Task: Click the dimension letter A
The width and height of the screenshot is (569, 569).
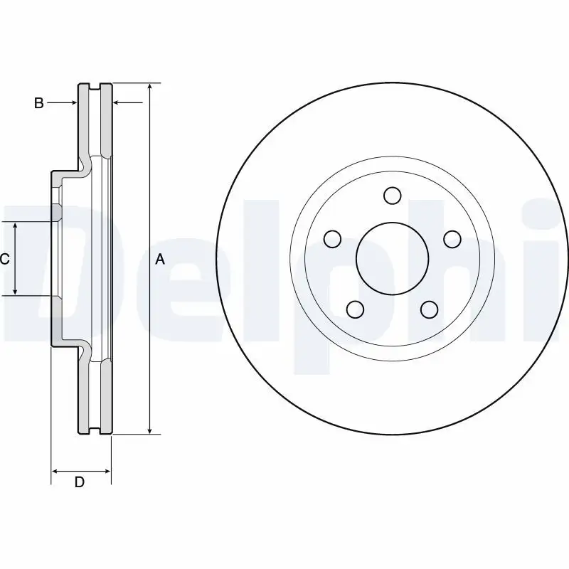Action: (160, 260)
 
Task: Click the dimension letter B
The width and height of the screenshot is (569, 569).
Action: (39, 104)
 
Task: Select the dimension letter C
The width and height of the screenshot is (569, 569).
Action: (5, 260)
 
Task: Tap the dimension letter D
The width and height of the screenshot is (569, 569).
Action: (80, 482)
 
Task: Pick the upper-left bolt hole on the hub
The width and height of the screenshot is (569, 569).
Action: (332, 238)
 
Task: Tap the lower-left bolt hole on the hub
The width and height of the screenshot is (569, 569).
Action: (355, 309)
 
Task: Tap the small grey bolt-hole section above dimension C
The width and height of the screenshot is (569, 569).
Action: (56, 213)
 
